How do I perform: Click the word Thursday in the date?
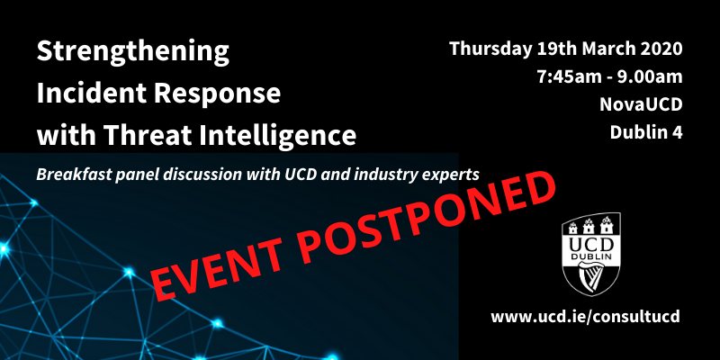click(490, 49)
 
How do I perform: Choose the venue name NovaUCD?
click(641, 104)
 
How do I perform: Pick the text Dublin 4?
click(646, 132)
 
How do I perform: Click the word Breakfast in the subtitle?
click(71, 175)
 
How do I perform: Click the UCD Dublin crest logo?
click(592, 254)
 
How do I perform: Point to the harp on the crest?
click(591, 277)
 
